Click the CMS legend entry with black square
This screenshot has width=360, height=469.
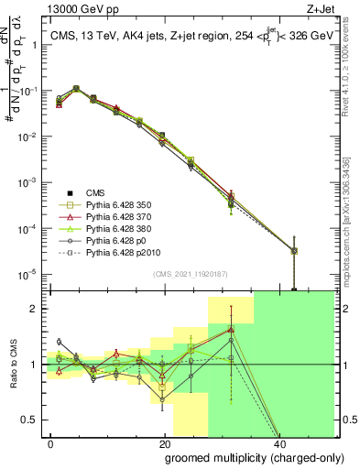[x=96, y=191]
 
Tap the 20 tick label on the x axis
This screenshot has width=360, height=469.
[x=164, y=443]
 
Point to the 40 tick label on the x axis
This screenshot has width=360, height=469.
[x=278, y=443]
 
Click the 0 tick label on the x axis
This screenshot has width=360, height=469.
[x=51, y=443]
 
